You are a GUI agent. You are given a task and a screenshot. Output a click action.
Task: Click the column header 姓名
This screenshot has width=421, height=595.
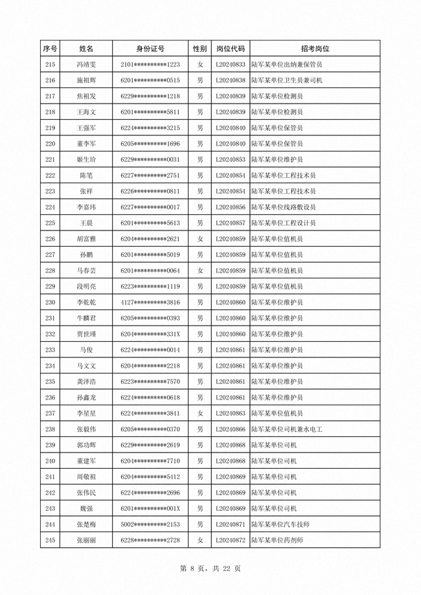(x=86, y=49)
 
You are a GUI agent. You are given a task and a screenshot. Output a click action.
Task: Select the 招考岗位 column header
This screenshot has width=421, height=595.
(x=315, y=49)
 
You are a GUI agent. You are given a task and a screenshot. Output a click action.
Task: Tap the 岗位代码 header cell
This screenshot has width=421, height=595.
(x=230, y=49)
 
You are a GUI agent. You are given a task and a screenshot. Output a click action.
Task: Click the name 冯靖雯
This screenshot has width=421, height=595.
(x=86, y=65)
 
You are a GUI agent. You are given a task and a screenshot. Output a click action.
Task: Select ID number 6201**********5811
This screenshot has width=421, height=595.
(x=150, y=112)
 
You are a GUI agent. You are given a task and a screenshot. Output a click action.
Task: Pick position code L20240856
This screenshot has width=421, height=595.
(x=230, y=207)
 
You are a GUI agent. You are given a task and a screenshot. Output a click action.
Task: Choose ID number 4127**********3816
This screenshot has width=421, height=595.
(x=150, y=302)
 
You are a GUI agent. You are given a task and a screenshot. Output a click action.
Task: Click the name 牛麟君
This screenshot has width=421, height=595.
(x=86, y=318)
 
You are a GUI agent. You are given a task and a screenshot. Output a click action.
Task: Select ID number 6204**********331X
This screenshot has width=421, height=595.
(x=150, y=334)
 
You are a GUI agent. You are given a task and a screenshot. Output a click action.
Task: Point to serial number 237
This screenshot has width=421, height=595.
(x=50, y=413)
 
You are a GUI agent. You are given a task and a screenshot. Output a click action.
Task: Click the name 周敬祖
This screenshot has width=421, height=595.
(x=86, y=477)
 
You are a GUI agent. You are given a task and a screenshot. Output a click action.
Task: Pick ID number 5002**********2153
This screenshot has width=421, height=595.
(x=150, y=524)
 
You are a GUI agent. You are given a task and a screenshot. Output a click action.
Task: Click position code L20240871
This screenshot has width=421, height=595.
(x=230, y=524)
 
